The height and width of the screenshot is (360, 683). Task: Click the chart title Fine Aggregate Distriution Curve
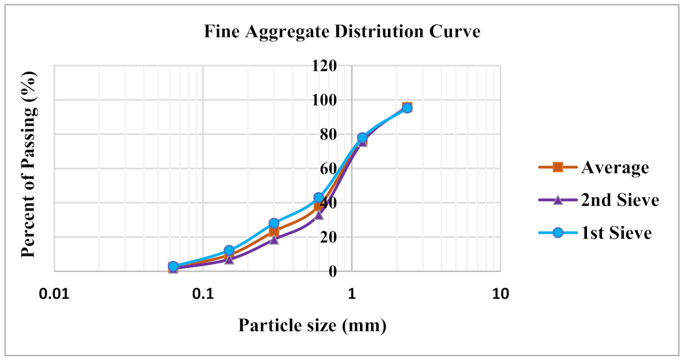(342, 31)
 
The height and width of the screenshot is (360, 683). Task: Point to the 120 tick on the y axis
(325, 65)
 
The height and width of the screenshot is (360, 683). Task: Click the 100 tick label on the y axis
(325, 100)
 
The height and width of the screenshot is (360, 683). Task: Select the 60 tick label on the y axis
(328, 168)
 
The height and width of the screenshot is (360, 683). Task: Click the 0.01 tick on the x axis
(54, 293)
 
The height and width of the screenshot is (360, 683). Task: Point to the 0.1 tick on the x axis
(203, 293)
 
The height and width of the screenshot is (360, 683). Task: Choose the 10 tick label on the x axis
(500, 293)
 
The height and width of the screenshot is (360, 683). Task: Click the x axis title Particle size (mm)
(312, 326)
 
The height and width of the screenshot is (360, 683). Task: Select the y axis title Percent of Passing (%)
(28, 164)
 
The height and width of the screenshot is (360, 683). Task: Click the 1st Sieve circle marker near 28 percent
(274, 223)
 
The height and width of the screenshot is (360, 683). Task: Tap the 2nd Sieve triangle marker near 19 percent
(274, 239)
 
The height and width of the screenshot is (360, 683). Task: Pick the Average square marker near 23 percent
(274, 232)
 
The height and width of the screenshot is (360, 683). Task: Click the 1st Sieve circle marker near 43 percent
(318, 197)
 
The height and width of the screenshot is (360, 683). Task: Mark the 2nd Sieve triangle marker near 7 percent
(229, 259)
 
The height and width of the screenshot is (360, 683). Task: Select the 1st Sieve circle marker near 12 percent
(229, 251)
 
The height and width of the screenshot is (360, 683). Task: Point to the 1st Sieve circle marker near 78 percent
(362, 138)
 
